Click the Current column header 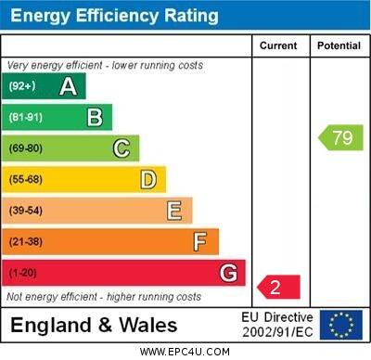pos(278,45)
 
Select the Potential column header pos(339,45)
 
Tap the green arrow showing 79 pos(340,137)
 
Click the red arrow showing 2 pos(278,287)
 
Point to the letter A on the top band pos(68,86)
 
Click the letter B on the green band pos(95,117)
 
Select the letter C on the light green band pos(122,148)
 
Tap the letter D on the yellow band pos(148,180)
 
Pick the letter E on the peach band pos(174,211)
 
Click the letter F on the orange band pos(200,241)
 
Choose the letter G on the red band pos(228,273)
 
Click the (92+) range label pos(22,85)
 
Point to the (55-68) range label pos(26,179)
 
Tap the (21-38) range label pos(26,241)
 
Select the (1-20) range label pos(22,273)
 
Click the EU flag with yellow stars pos(341,325)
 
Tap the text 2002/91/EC pos(277,332)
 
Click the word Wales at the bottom pos(148,326)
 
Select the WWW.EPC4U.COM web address pos(185,352)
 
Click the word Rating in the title pos(191,16)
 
